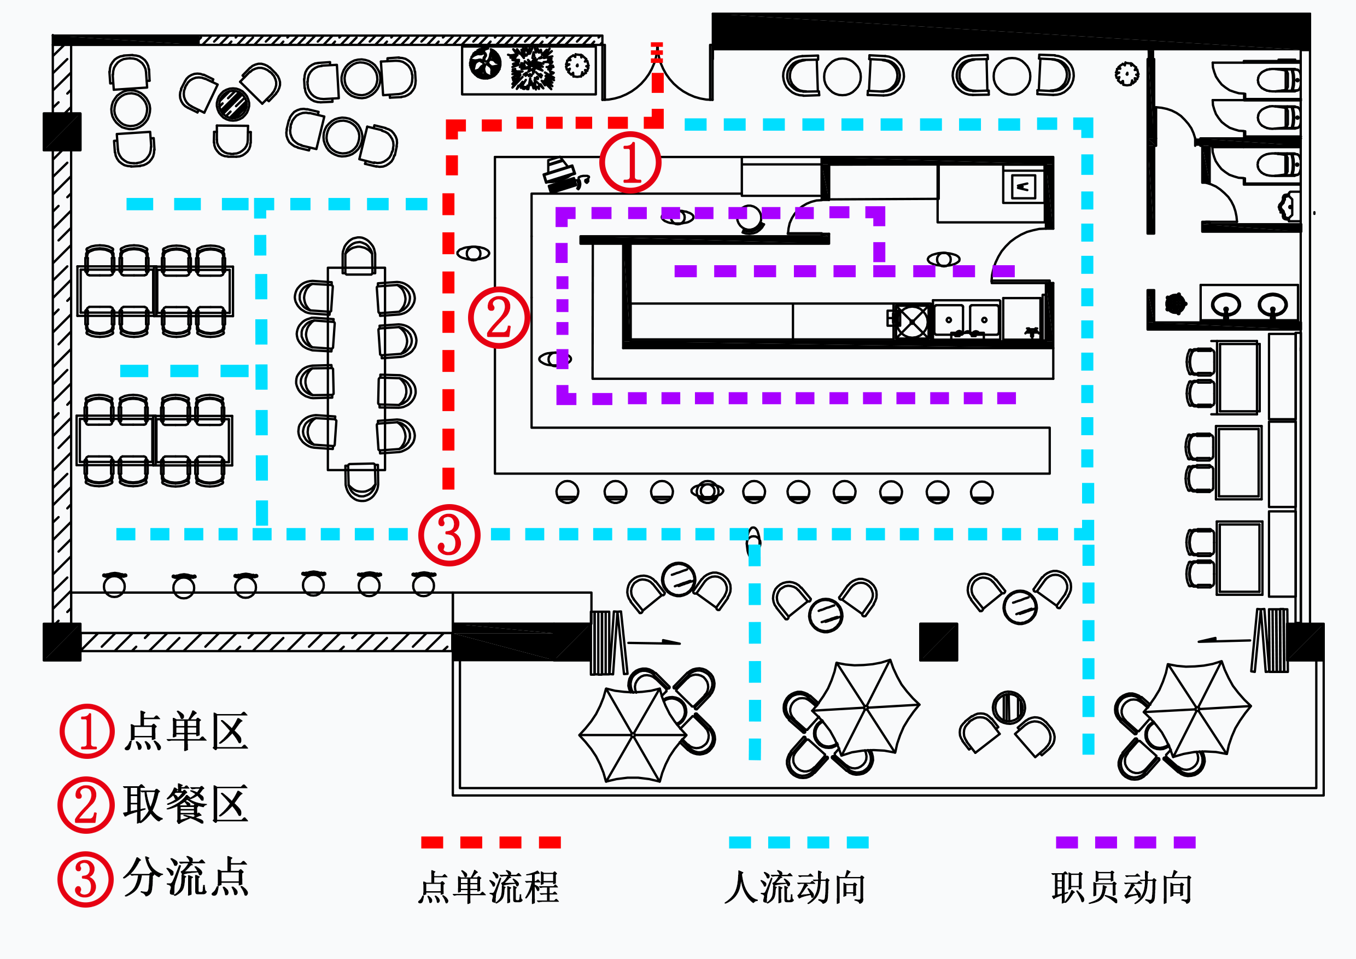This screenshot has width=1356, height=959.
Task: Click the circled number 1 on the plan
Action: point(630,162)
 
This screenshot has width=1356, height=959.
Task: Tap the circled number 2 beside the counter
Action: point(499,318)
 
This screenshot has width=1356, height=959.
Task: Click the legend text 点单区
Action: point(186,731)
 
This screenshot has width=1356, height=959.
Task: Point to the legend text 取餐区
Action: point(186,804)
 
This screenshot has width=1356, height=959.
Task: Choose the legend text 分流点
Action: point(186,877)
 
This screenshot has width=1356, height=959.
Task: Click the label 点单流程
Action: point(488,887)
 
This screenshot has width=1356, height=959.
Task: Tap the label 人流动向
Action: point(796,887)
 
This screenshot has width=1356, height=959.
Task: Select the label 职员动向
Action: point(1122,887)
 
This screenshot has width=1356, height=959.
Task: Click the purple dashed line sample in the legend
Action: point(1126,843)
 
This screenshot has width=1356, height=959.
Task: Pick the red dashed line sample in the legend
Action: point(491,843)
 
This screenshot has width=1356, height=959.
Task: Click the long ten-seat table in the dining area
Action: point(356,369)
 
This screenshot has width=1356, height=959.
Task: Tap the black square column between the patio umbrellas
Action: point(938,642)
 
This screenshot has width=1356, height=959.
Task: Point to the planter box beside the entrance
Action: point(529,69)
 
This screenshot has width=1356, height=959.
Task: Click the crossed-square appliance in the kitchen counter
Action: point(913,322)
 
